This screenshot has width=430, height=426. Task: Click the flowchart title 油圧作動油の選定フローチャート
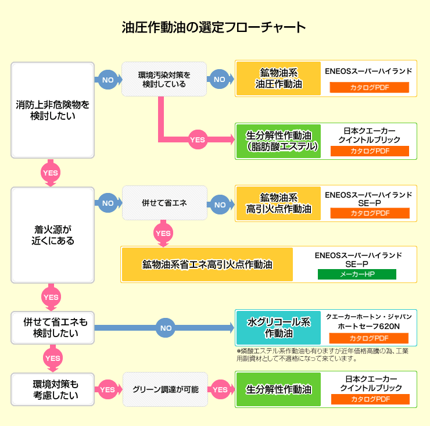pyautogui.click(x=214, y=27)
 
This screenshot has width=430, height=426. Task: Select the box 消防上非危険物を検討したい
pyautogui.click(x=53, y=110)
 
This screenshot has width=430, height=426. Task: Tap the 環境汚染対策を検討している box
pyautogui.click(x=164, y=79)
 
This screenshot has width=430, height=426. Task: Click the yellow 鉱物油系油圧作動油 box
pyautogui.click(x=279, y=78)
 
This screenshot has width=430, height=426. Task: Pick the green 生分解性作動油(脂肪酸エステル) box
pyautogui.click(x=279, y=141)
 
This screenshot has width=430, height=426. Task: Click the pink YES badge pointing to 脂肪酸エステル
pyautogui.click(x=198, y=140)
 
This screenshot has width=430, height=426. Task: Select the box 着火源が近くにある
pyautogui.click(x=53, y=235)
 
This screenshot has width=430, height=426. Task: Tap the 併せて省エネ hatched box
pyautogui.click(x=164, y=203)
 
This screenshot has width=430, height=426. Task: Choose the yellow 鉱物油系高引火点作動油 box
pyautogui.click(x=279, y=203)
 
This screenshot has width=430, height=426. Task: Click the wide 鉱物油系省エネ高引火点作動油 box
pyautogui.click(x=207, y=264)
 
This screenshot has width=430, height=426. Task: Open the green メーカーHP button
pyautogui.click(x=356, y=274)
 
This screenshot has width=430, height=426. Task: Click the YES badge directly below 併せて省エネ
pyautogui.click(x=163, y=233)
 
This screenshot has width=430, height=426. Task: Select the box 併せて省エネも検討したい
pyautogui.click(x=53, y=328)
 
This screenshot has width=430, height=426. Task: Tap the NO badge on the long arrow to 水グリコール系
pyautogui.click(x=166, y=328)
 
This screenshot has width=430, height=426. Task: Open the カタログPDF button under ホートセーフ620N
pyautogui.click(x=370, y=338)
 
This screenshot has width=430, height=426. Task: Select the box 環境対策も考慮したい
pyautogui.click(x=53, y=389)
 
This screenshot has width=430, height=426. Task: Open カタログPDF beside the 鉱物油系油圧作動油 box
pyautogui.click(x=370, y=88)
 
